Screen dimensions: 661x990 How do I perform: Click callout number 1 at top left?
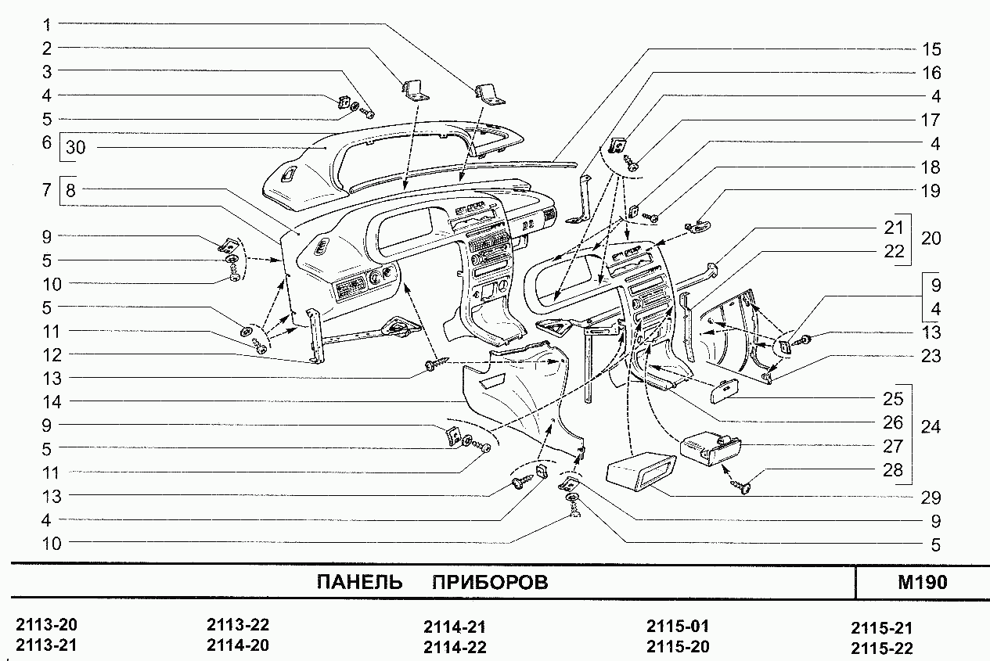click(47, 24)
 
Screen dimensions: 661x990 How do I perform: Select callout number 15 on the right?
click(931, 49)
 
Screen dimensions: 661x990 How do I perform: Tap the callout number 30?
click(76, 147)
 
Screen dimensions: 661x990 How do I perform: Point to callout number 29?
click(931, 498)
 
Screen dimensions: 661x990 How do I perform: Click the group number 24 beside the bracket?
click(931, 427)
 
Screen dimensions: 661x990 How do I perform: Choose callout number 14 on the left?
click(52, 401)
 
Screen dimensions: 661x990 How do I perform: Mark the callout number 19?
click(931, 191)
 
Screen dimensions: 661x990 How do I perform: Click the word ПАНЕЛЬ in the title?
click(360, 583)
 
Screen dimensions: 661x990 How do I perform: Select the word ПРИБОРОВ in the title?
click(490, 583)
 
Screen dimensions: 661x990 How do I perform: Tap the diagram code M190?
click(923, 583)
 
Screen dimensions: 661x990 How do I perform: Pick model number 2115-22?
click(881, 648)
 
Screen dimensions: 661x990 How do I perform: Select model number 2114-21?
click(455, 627)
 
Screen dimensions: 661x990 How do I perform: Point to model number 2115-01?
click(678, 627)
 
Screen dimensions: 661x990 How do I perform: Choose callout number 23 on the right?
click(931, 356)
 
